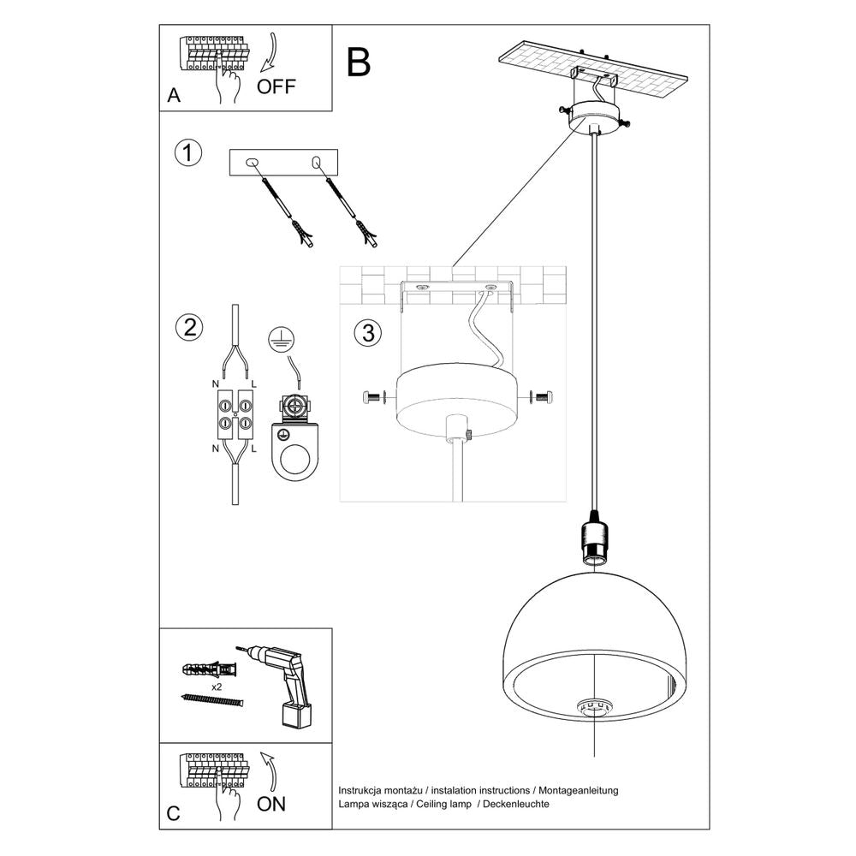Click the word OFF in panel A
coord(276,86)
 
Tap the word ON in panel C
coord(270,803)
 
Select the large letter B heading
coord(359,62)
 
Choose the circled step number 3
coord(367,334)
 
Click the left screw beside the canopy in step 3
coord(373,397)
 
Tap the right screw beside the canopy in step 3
coord(543,397)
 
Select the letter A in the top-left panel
coord(175,96)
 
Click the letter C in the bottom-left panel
coord(174,814)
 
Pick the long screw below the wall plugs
coord(213,700)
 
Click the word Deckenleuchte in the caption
coord(517,805)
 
